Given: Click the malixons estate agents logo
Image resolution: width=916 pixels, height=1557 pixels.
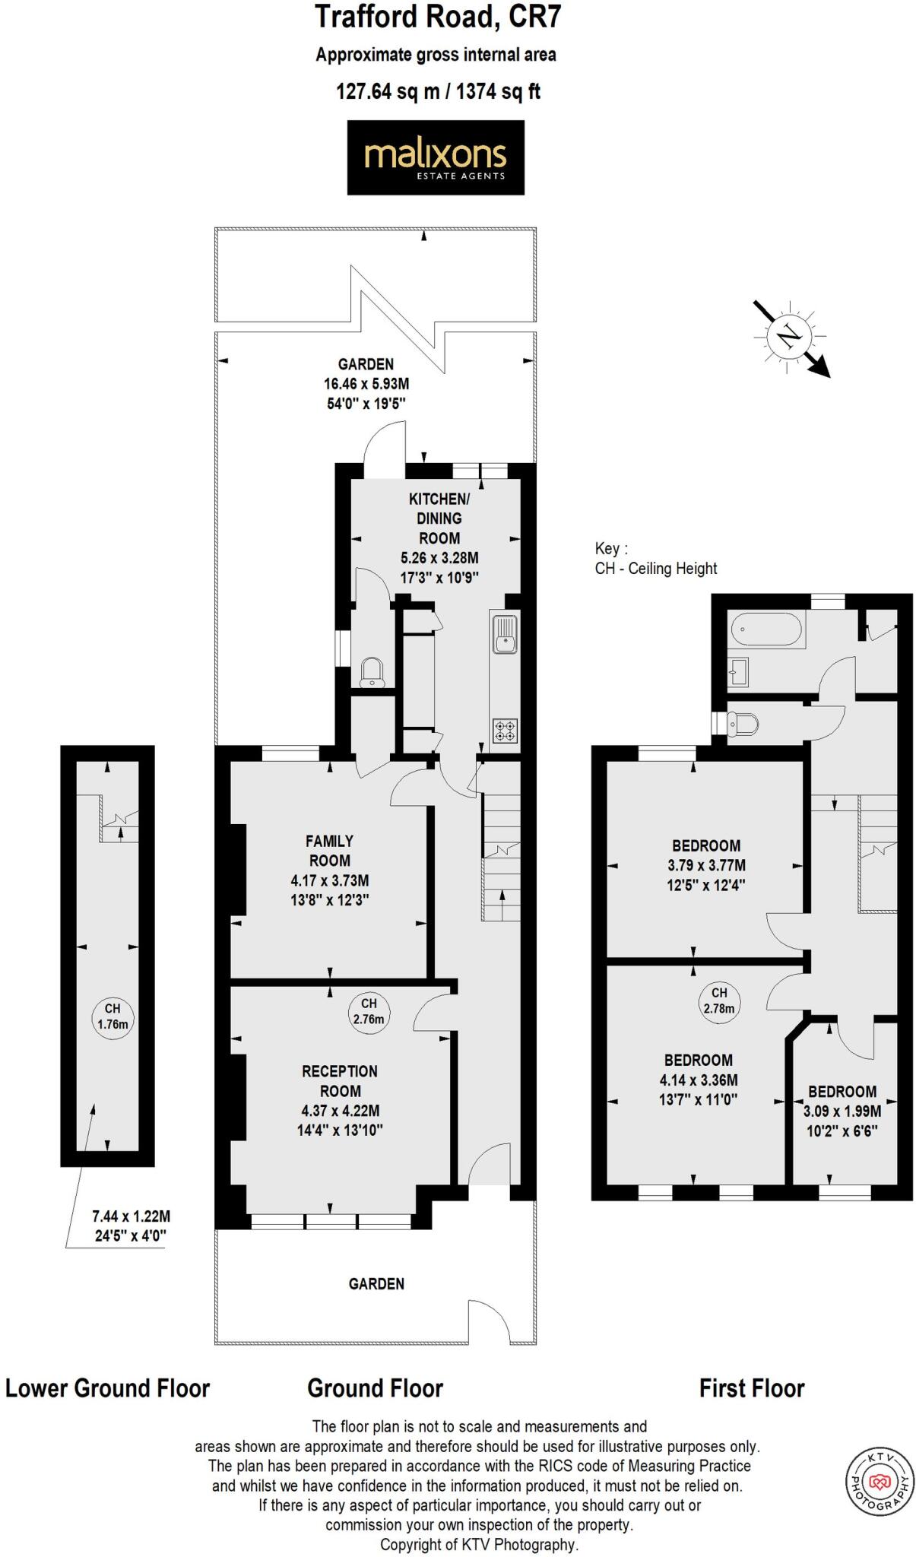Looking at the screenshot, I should [x=435, y=157].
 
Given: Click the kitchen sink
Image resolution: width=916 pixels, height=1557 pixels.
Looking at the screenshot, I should [x=504, y=633].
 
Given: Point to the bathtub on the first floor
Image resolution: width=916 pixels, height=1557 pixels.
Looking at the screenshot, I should [x=765, y=629].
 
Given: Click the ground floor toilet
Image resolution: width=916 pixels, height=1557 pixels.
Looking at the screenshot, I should [x=372, y=672].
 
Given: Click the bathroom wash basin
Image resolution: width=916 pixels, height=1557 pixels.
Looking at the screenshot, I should [x=739, y=671].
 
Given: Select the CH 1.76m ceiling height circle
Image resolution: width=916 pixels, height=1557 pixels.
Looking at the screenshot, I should [x=113, y=1016].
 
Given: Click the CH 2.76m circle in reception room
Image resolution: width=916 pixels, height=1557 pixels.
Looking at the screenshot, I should [x=369, y=1011].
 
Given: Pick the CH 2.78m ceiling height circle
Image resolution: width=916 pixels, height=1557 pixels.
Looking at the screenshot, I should [x=718, y=1000].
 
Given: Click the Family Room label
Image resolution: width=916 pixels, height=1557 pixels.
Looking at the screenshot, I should [x=329, y=851].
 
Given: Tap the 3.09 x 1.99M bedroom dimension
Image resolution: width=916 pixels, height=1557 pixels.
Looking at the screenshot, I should [x=842, y=1111].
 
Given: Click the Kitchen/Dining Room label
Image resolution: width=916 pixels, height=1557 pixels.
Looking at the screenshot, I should [x=439, y=518].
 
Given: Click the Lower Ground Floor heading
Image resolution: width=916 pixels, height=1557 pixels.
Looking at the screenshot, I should [x=107, y=1388].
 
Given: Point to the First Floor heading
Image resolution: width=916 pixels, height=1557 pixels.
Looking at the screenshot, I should [x=751, y=1388].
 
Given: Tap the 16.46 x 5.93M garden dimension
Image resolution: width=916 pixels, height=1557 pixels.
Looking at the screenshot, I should [x=366, y=384].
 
